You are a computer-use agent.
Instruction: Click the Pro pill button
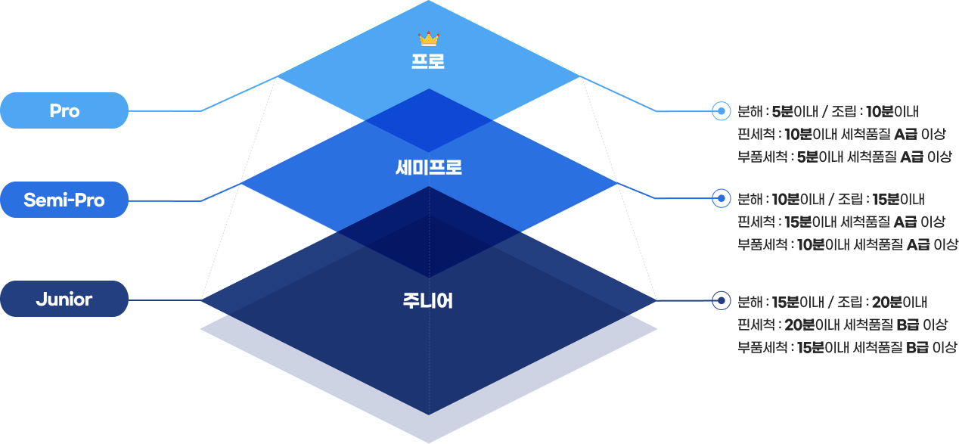pos(64,110)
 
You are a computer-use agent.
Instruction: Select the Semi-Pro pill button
pos(64,200)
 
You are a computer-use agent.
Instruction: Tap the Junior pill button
pos(64,300)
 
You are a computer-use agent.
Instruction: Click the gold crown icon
pos(429,39)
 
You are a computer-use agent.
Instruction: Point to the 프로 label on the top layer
pos(428,61)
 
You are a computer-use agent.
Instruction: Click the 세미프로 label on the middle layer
pos(428,168)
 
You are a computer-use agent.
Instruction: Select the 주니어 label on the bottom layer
pos(428,301)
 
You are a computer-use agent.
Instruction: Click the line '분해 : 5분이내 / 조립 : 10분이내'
pos(827,112)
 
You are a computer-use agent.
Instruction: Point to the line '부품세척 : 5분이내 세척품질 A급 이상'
pos(844,157)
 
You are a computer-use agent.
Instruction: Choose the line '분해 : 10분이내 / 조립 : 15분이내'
pos(830,200)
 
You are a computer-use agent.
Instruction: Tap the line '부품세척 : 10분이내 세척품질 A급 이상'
pos(847,244)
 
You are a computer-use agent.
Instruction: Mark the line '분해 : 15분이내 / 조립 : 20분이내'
pos(832,302)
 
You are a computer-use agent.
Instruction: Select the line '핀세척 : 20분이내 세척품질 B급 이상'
pos(843,324)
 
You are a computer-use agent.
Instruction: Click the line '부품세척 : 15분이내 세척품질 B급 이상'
pos(847,347)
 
